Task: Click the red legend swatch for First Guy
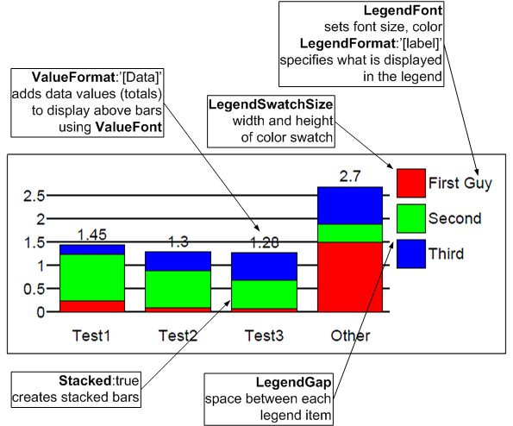(x=411, y=183)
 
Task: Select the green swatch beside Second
(x=411, y=218)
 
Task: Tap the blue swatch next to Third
(x=411, y=254)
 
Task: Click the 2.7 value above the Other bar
(x=350, y=177)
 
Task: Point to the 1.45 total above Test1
(x=92, y=235)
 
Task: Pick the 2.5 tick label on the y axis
(x=34, y=196)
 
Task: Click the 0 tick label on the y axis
(x=41, y=312)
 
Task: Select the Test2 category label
(x=178, y=335)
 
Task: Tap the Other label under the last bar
(x=350, y=335)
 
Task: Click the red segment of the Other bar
(x=350, y=277)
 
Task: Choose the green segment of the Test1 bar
(x=92, y=278)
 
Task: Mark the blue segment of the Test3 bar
(x=265, y=266)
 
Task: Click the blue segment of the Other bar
(x=350, y=206)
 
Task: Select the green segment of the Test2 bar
(x=178, y=289)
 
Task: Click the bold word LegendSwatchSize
(x=271, y=104)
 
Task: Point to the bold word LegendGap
(x=293, y=382)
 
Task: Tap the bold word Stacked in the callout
(x=85, y=380)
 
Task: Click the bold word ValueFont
(x=128, y=127)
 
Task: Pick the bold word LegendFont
(x=403, y=10)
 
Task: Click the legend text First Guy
(x=460, y=183)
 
